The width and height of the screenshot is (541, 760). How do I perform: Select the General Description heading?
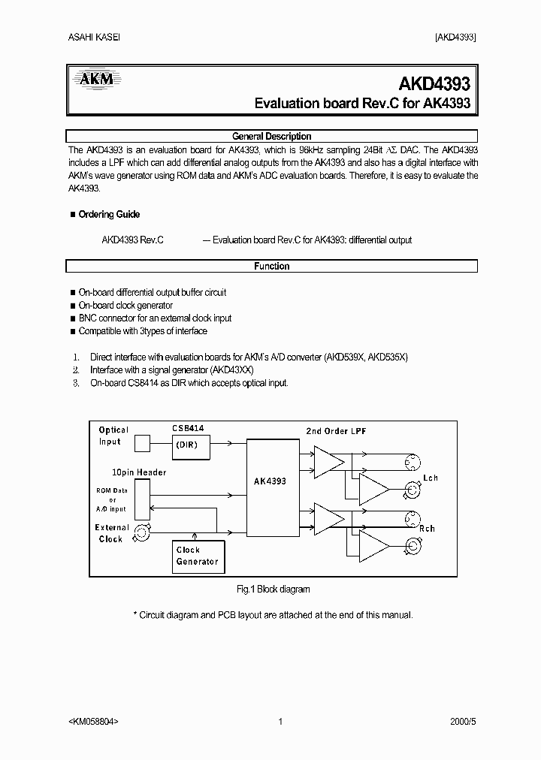click(x=271, y=136)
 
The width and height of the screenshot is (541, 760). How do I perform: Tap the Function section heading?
click(x=271, y=266)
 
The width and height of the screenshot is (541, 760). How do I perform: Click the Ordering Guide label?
click(x=109, y=214)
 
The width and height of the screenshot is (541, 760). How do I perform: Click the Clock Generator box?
click(x=197, y=556)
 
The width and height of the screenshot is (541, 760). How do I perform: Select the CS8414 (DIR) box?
click(x=190, y=444)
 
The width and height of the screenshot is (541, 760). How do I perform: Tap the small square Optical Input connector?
click(x=142, y=444)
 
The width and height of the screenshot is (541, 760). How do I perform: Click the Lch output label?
click(x=430, y=478)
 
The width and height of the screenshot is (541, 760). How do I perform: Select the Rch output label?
click(x=427, y=529)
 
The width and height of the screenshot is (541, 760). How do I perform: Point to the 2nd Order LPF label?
click(x=336, y=430)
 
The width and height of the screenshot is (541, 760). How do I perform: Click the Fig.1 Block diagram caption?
click(x=273, y=590)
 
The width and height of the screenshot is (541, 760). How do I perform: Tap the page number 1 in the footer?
click(x=280, y=722)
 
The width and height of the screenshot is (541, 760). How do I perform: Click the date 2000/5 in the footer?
click(x=462, y=722)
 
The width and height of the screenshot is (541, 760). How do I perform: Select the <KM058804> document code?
click(x=93, y=722)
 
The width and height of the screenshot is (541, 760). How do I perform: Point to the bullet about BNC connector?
click(x=155, y=318)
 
